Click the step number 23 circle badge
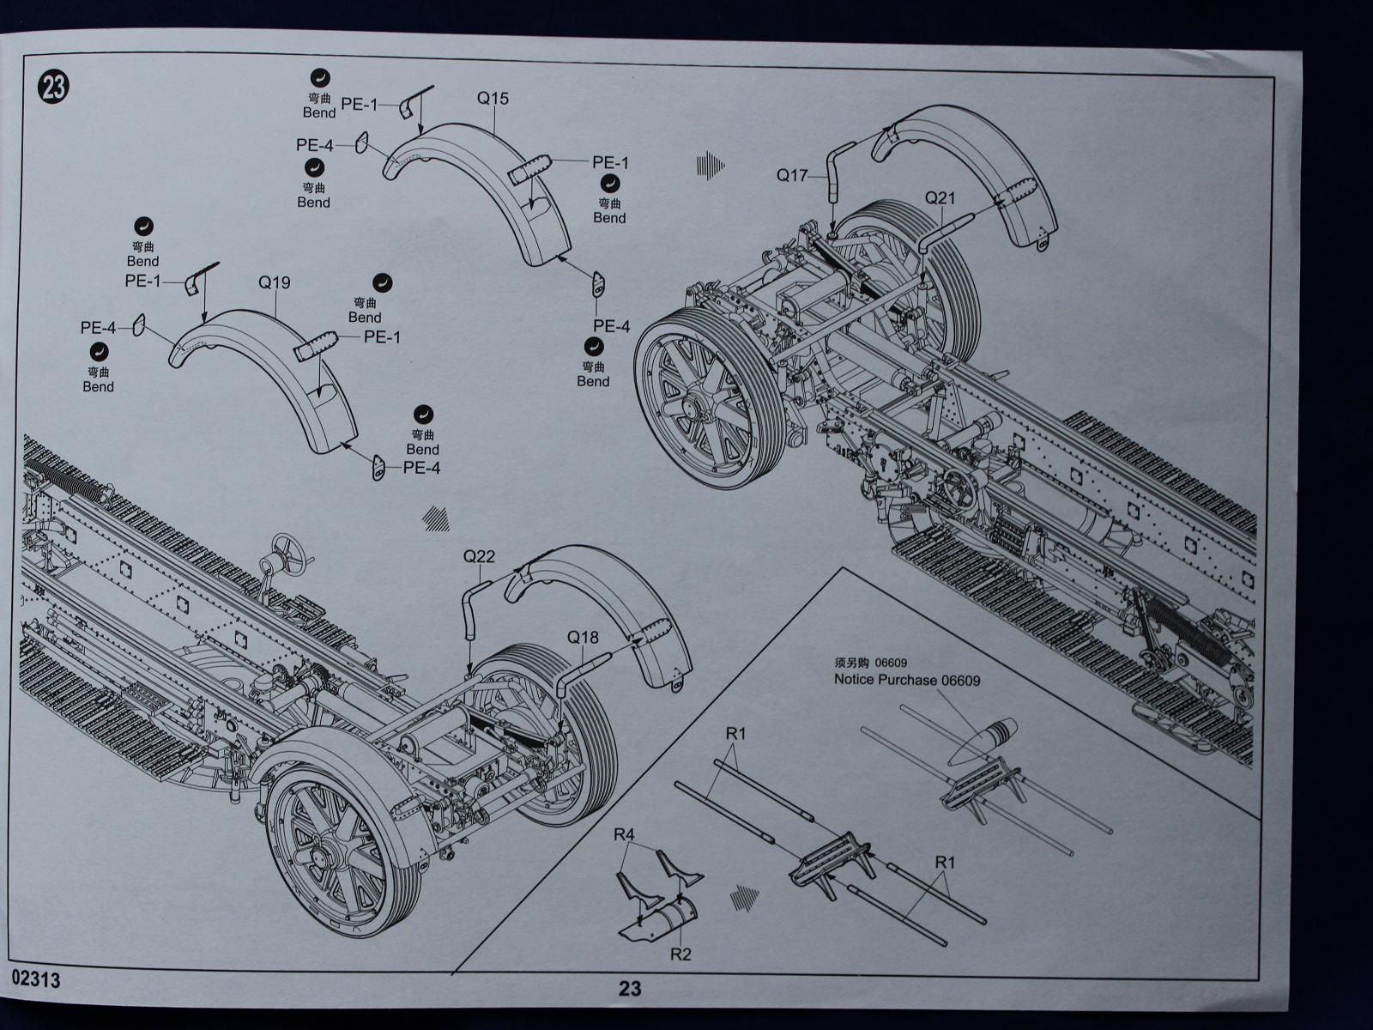tap(53, 87)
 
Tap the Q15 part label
tap(493, 99)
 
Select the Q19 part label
tap(275, 282)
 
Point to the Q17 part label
tap(792, 175)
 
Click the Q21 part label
tap(940, 198)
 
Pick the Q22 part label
tap(479, 556)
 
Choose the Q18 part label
tap(583, 638)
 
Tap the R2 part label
tap(680, 954)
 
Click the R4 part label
tap(624, 834)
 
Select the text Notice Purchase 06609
tap(907, 680)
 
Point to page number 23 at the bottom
tap(630, 989)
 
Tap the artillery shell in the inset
tap(984, 740)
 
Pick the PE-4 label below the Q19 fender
tap(421, 469)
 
